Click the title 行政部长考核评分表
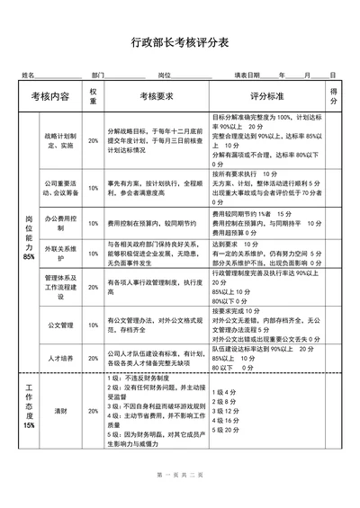click(x=179, y=42)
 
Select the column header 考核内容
click(x=50, y=95)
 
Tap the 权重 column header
click(x=94, y=95)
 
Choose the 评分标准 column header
click(x=266, y=95)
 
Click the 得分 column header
click(x=334, y=95)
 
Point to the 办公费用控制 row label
click(x=60, y=218)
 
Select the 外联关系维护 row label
click(x=60, y=252)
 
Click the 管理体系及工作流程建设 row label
click(x=60, y=287)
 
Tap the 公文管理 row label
click(x=60, y=325)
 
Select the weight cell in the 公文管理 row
click(x=94, y=325)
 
